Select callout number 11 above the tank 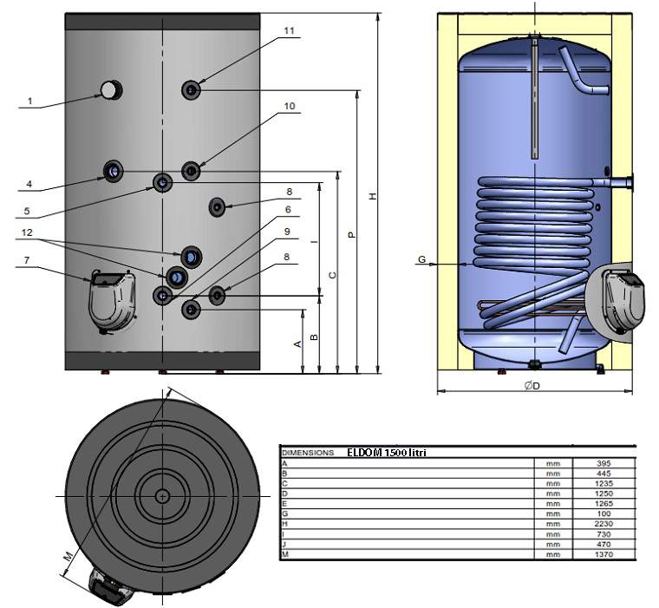290,30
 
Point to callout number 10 290,107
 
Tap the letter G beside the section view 421,259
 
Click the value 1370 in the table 604,554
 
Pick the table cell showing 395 604,464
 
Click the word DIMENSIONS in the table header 306,453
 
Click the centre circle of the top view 163,495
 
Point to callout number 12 29,233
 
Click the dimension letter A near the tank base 298,344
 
